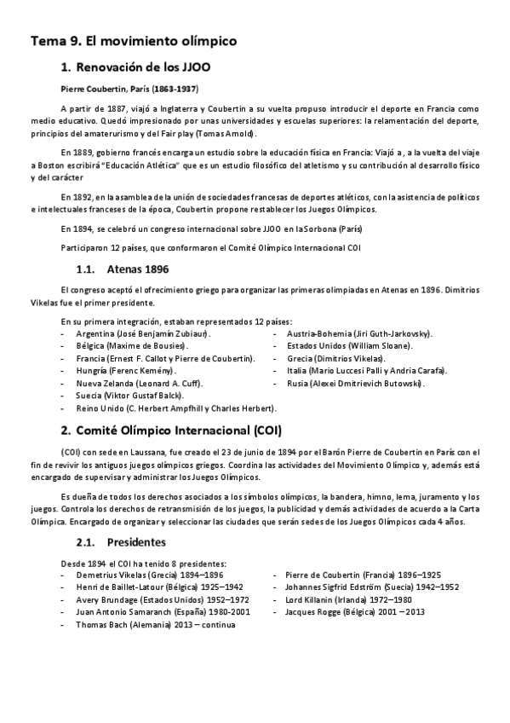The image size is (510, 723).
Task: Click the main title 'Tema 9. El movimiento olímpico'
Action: [x=134, y=40]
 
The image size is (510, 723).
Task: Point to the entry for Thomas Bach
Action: [x=155, y=624]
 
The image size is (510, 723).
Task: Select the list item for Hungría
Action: [x=126, y=371]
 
